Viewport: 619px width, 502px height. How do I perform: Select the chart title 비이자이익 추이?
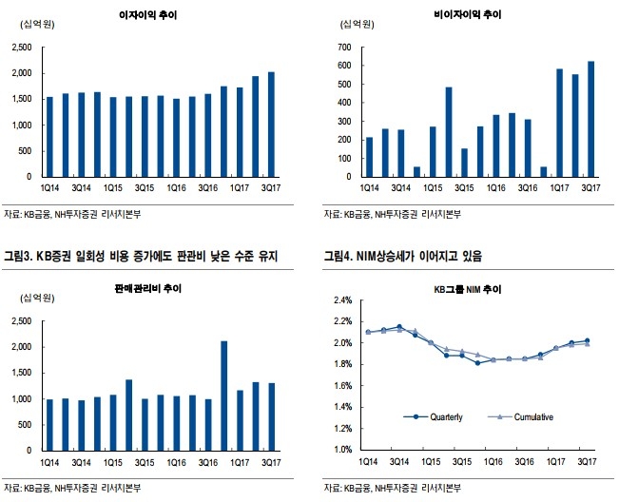pos(465,16)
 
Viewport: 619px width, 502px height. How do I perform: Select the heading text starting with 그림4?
pos(404,255)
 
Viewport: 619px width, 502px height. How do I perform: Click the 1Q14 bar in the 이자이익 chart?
pos(49,136)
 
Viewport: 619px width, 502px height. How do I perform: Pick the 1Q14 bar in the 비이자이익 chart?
pos(369,157)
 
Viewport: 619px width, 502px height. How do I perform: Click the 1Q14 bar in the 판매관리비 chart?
pos(49,424)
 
